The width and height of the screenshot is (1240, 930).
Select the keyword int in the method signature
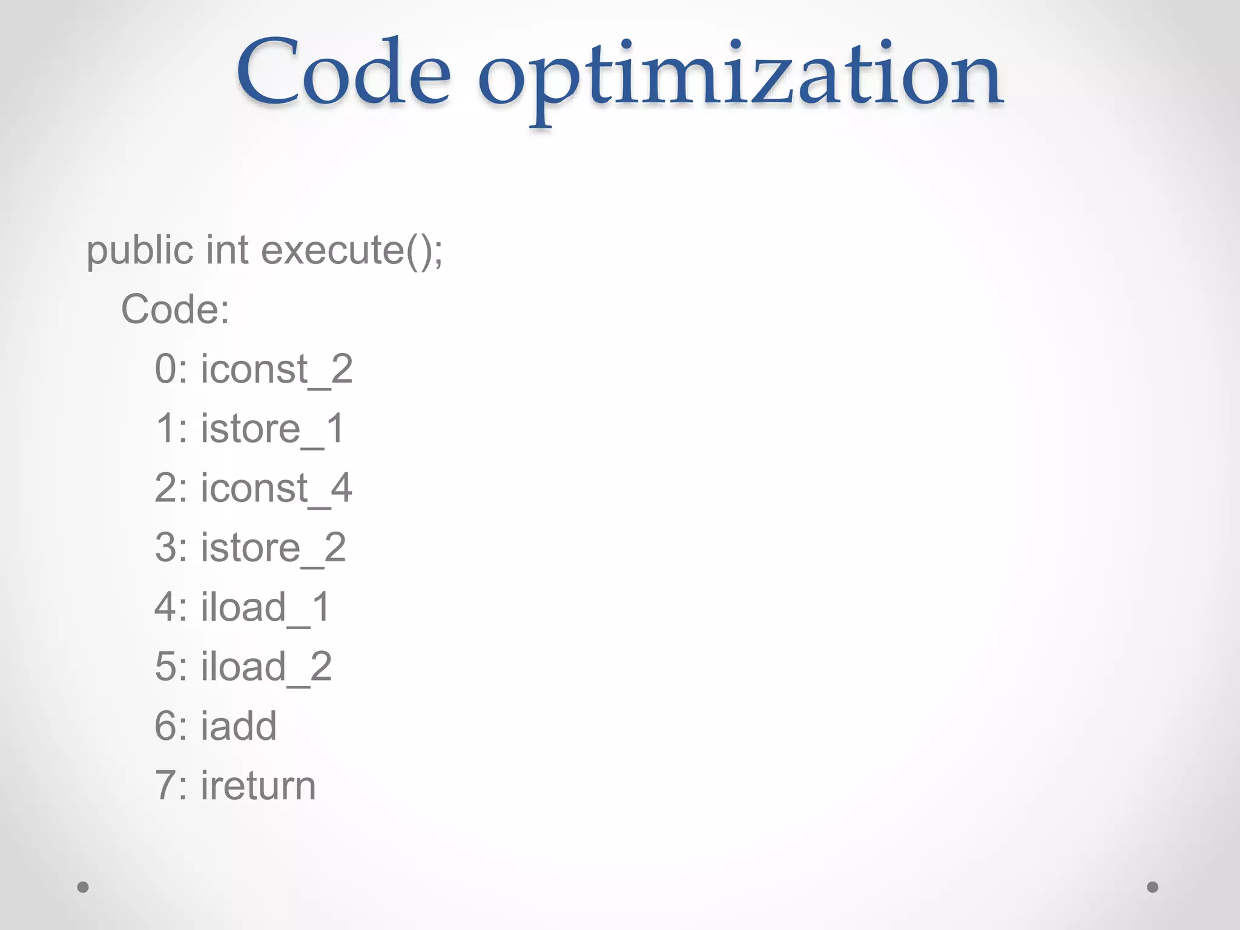227,250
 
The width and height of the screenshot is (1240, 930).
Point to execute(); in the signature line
352,250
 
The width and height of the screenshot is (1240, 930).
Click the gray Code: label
175,309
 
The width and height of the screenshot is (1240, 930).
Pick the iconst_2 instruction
277,369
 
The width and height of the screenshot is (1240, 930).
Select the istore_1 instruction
272,428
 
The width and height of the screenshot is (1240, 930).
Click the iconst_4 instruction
277,487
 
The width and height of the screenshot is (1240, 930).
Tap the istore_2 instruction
273,547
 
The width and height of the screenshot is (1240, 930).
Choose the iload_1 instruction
266,607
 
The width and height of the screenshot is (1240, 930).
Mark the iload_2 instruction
266,666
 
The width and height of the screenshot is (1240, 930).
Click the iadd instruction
239,725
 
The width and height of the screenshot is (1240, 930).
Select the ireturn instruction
259,785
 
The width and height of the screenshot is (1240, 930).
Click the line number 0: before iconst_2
171,369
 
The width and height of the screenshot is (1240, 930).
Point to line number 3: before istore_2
171,547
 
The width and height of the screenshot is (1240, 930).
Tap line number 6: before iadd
171,725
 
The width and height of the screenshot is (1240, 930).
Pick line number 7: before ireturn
171,785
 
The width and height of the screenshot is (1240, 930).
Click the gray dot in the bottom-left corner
83,887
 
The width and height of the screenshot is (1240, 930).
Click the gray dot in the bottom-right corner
1153,887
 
